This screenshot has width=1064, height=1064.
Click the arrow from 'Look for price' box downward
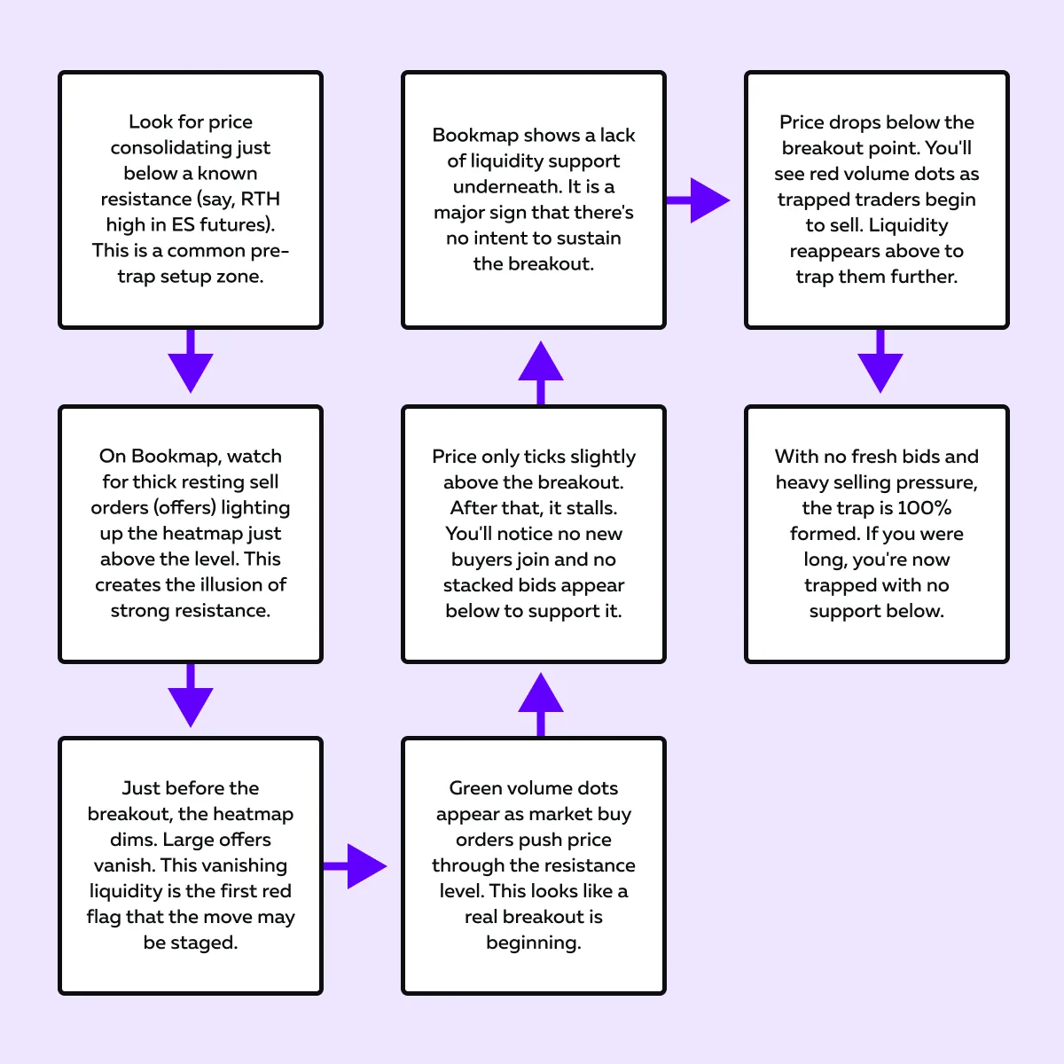coord(191,361)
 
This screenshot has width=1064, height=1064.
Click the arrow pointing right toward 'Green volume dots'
coord(355,866)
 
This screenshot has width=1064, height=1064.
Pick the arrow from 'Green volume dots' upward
coord(541,704)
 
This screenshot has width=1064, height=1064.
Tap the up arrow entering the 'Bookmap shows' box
coord(541,372)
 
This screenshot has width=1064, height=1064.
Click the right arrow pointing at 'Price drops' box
coord(698,200)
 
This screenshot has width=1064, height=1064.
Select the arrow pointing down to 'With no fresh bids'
coord(880,361)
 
